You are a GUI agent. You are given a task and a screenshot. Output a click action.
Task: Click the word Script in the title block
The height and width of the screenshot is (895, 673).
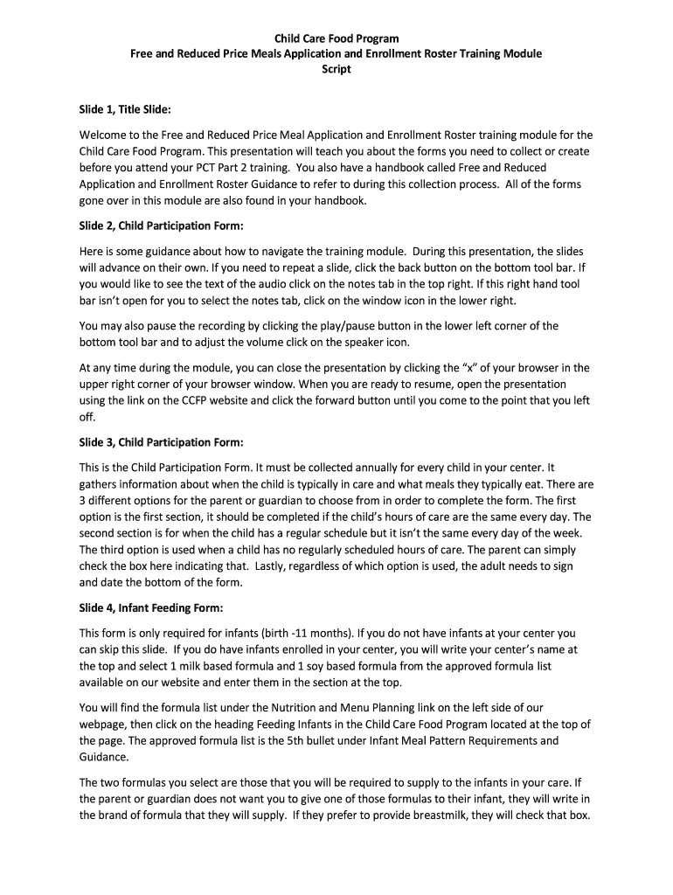click(x=336, y=69)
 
